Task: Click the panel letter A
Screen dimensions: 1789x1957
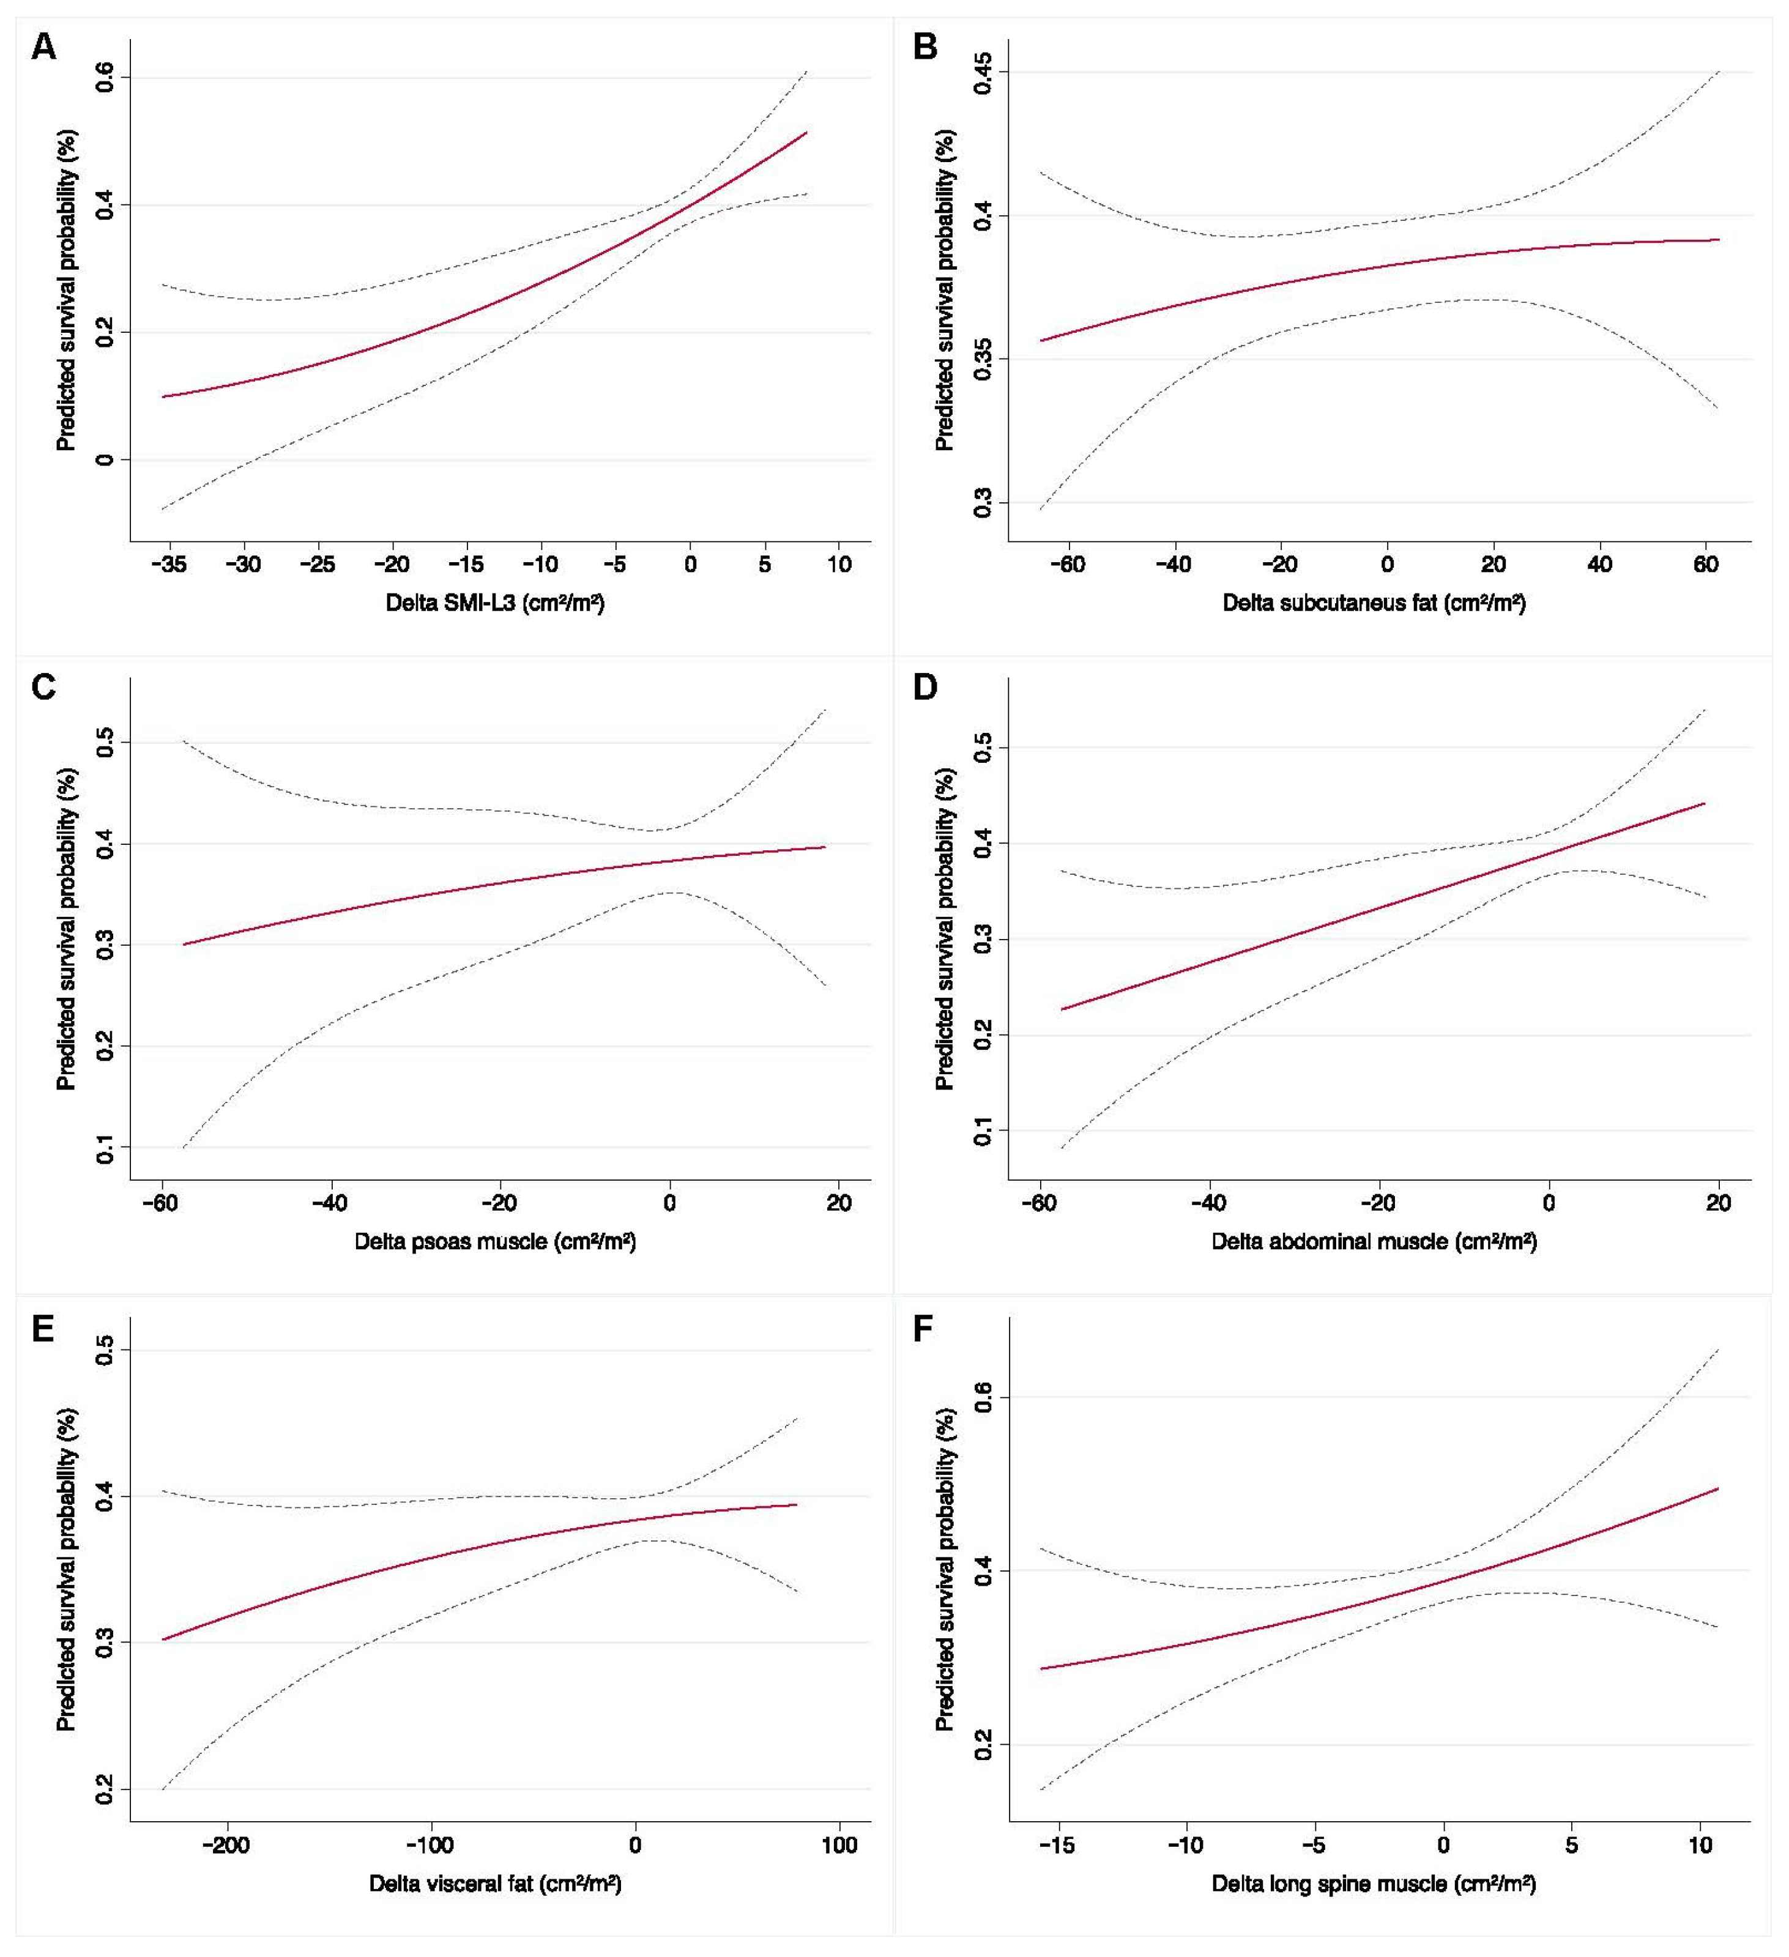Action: (43, 46)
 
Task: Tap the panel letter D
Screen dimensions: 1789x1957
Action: (925, 686)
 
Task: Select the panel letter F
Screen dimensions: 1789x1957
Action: (923, 1326)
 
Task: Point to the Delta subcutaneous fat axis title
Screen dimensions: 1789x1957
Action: (1375, 603)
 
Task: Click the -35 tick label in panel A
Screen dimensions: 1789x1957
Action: (169, 565)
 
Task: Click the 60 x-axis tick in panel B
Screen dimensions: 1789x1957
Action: (1706, 565)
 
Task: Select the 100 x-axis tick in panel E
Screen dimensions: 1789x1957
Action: (839, 1846)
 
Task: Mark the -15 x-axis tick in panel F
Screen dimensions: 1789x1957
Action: (1057, 1846)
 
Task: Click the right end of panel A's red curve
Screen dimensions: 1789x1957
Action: (806, 132)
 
